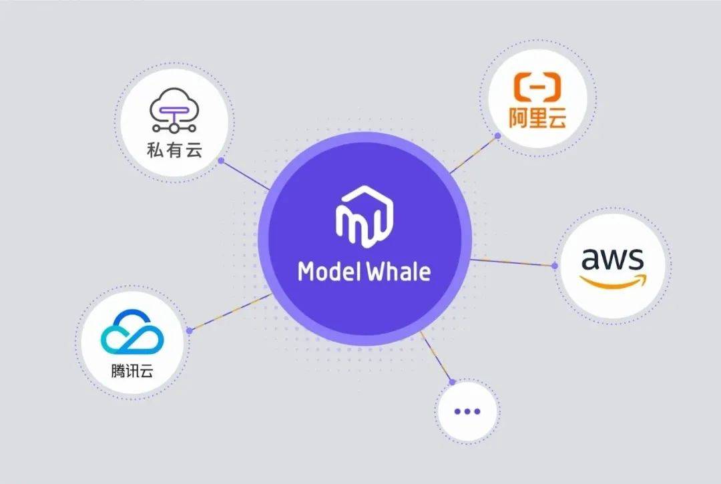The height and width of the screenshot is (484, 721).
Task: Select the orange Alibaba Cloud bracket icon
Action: pos(537,89)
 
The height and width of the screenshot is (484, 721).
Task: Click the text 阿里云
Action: pos(537,120)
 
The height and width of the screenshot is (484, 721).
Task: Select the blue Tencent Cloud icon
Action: pos(132,335)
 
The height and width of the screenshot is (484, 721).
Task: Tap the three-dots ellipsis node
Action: pos(467,411)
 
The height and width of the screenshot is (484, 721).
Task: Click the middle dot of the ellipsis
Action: pos(467,411)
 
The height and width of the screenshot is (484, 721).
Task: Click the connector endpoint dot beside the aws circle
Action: pos(555,265)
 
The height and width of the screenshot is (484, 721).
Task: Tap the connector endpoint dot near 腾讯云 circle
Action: pos(190,330)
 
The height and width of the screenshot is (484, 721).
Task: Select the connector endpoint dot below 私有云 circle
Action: pos(220,161)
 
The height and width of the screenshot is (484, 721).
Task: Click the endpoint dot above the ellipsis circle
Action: pos(453,382)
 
